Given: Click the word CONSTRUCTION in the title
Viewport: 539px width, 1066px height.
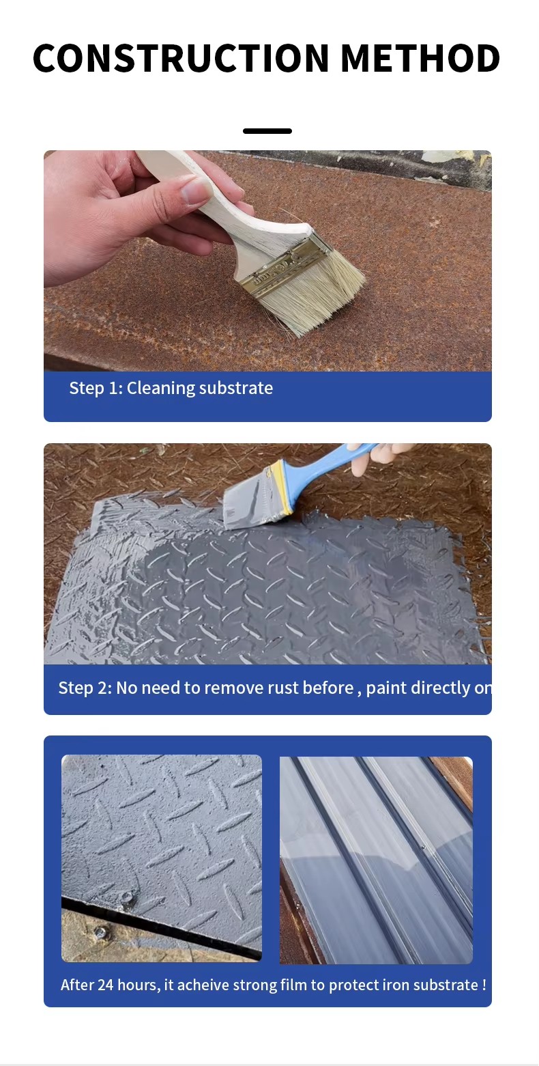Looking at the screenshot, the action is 181,58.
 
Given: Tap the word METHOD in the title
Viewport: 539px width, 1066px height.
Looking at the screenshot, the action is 420,58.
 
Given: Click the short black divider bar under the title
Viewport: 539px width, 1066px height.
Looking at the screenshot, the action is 267,131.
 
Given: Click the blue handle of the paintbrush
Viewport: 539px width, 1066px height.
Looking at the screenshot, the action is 329,468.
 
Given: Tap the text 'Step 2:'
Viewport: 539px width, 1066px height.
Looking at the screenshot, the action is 85,688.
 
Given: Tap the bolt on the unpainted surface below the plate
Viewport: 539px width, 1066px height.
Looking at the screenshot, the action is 100,931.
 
